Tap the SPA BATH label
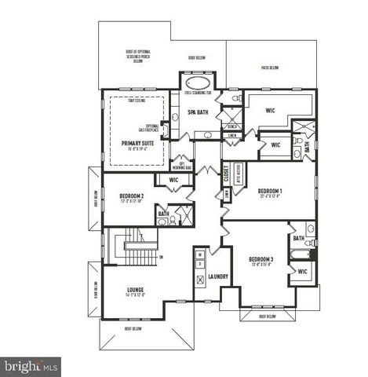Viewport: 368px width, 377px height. pos(197,112)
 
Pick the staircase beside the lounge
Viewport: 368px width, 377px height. pos(129,247)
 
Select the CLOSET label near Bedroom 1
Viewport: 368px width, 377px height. pos(226,172)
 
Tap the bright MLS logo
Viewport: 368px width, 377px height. pos(31,365)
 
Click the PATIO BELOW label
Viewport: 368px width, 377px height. pos(269,68)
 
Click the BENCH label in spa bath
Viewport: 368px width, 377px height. pos(232,126)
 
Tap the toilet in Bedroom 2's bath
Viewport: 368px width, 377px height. pos(162,222)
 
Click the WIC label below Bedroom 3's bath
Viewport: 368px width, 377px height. pos(302,273)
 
